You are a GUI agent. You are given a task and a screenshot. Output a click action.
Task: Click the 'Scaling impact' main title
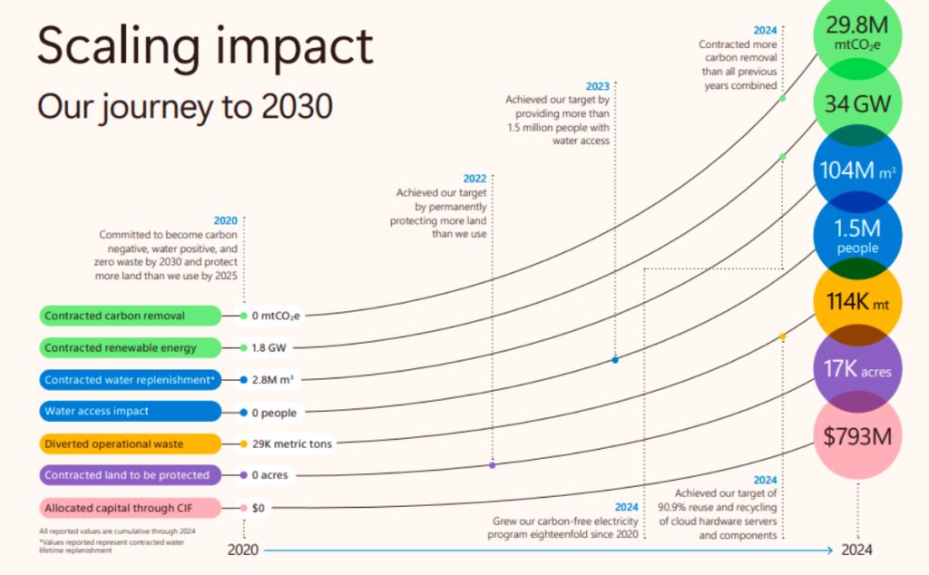tap(205, 45)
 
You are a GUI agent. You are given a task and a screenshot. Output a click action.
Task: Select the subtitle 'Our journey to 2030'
tap(185, 106)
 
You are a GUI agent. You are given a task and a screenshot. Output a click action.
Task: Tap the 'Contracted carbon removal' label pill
tap(130, 316)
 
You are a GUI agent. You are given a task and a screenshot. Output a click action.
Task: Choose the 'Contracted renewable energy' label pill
tap(130, 347)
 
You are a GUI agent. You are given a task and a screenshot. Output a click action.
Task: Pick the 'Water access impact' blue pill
tap(130, 411)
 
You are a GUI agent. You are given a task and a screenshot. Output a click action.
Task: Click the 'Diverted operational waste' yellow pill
tap(130, 443)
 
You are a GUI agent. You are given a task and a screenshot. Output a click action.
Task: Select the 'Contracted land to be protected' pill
tap(130, 475)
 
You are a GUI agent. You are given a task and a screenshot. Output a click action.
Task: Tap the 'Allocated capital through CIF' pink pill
tap(130, 508)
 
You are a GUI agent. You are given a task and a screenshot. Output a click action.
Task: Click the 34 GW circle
tap(858, 102)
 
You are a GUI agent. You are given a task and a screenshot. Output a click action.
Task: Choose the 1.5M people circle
tap(858, 236)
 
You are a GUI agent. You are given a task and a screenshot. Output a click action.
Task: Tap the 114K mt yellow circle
tap(858, 303)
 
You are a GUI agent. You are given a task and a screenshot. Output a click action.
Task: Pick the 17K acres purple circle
tap(858, 370)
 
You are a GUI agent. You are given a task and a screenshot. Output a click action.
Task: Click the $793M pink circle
tap(858, 436)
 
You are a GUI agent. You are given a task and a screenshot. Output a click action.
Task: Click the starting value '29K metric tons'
tap(292, 443)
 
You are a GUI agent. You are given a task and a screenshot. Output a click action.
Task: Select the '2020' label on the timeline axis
tap(243, 550)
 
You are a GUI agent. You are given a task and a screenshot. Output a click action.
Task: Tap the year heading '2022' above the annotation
tap(474, 178)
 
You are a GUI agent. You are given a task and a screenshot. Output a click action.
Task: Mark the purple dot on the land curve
tap(492, 465)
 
